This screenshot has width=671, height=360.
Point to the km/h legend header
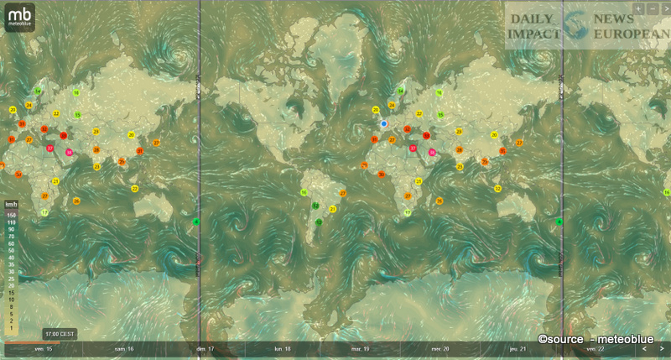pyautogui.click(x=11, y=204)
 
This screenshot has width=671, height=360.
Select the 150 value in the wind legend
pyautogui.click(x=11, y=214)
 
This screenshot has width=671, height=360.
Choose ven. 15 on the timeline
pyautogui.click(x=42, y=347)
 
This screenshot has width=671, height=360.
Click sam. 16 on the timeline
pyautogui.click(x=123, y=347)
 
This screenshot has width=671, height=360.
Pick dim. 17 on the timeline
pyautogui.click(x=204, y=347)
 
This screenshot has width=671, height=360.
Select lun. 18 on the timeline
pyautogui.click(x=283, y=347)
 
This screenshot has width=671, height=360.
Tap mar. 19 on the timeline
pyautogui.click(x=361, y=347)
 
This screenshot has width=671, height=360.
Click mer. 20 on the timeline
pyautogui.click(x=440, y=347)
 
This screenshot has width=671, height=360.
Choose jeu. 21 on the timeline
pyautogui.click(x=518, y=347)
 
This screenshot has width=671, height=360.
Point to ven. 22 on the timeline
pyautogui.click(x=597, y=347)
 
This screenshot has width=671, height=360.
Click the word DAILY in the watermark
pyautogui.click(x=530, y=18)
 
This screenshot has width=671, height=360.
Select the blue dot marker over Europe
pyautogui.click(x=383, y=123)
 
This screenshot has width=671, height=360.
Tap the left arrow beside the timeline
pyautogui.click(x=644, y=347)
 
